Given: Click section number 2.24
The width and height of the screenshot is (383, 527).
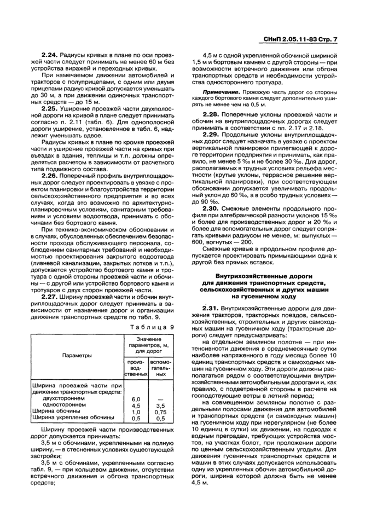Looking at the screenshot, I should pos(50,55).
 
